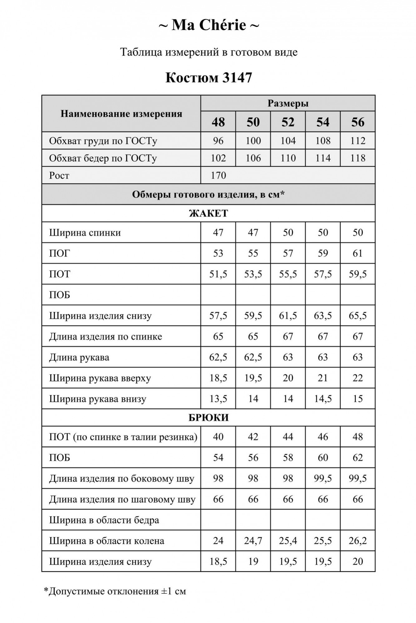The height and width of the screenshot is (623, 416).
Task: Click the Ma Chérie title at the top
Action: (x=208, y=25)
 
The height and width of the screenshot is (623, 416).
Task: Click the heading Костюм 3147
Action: (x=208, y=78)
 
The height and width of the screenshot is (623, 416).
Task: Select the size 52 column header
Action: (x=288, y=122)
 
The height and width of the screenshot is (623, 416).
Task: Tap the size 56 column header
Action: (x=358, y=122)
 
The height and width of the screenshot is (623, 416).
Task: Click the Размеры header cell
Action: (x=288, y=103)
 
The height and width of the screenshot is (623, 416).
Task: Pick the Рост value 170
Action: (x=218, y=175)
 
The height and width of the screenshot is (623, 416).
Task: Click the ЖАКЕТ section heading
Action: (x=208, y=213)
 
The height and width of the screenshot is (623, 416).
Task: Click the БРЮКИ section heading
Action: (x=208, y=417)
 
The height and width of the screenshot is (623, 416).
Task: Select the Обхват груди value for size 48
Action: (x=218, y=141)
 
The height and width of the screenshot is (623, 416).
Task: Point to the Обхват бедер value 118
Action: (x=358, y=158)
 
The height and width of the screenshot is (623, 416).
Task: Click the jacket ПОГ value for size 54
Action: (x=323, y=253)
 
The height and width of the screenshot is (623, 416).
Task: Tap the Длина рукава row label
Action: (x=79, y=357)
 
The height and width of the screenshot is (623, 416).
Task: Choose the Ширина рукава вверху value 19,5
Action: (x=253, y=378)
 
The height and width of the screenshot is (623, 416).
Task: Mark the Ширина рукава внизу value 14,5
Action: (x=323, y=399)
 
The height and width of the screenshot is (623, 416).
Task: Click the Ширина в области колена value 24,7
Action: (x=253, y=540)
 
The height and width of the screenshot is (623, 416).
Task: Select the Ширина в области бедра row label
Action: (x=104, y=520)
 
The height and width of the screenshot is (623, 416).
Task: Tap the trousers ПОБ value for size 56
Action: (x=358, y=458)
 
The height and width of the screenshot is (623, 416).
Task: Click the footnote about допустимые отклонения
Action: (x=115, y=591)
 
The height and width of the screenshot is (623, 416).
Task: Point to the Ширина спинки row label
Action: (x=85, y=233)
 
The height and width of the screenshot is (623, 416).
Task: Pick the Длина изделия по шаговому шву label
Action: (x=122, y=499)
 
